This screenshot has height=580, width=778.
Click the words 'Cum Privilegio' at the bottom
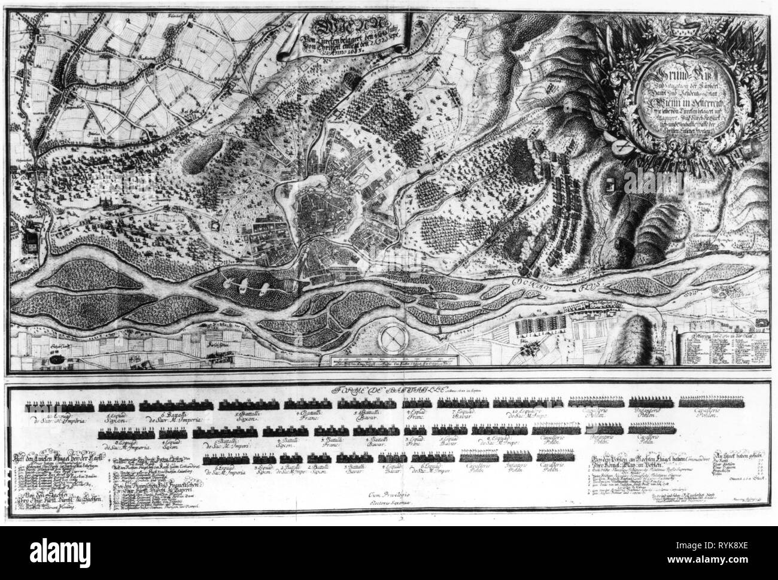[388, 494]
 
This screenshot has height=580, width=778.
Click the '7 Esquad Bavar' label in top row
[463, 415]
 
